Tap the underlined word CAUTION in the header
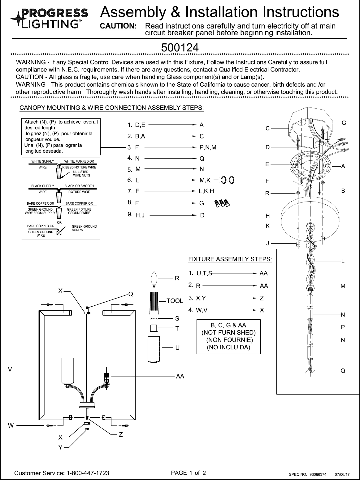[118, 26]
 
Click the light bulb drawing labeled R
[154, 278]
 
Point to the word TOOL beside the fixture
[175, 300]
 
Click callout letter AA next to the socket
[180, 376]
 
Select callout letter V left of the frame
[10, 369]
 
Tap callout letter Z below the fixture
[121, 435]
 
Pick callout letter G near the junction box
[344, 123]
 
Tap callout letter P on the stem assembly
[343, 327]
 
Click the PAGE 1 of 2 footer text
[188, 473]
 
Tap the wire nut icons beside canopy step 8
[223, 203]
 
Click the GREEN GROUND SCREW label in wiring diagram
[84, 228]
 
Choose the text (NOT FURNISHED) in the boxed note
[228, 333]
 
